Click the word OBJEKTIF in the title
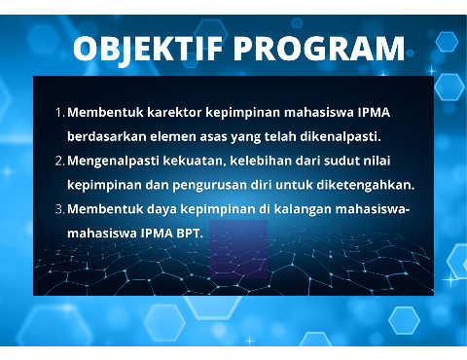pos(148,50)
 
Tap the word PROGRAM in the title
pos(319,49)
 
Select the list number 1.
pos(60,113)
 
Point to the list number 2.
pos(60,161)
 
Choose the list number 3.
pos(60,209)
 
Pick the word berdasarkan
pos(107,136)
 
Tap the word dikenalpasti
pos(341,137)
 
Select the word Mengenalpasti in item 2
pos(113,162)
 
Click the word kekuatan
pos(195,162)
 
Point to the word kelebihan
pos(261,161)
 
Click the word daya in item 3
pos(162,209)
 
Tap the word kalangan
pos(303,210)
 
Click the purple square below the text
pos(238,250)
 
